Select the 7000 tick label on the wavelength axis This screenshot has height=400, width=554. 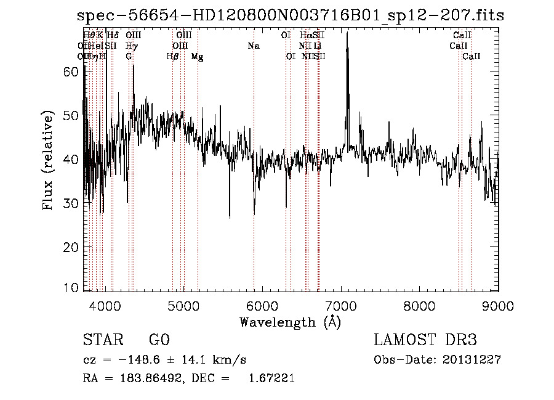[x=341, y=305]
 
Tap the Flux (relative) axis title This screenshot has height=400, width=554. [x=49, y=160]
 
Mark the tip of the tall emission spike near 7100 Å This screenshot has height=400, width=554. [x=347, y=33]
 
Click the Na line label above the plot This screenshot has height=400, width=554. [x=254, y=46]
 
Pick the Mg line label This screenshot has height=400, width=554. [x=197, y=57]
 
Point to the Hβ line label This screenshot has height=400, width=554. [x=172, y=57]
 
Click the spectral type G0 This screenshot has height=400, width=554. [x=159, y=340]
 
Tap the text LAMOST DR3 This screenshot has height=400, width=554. [x=425, y=340]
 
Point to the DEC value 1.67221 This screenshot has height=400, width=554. [x=271, y=378]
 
